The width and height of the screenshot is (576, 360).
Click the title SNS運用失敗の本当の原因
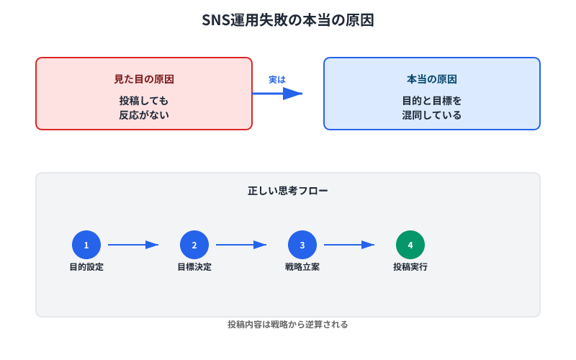(x=288, y=21)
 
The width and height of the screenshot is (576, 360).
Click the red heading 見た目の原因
(x=144, y=79)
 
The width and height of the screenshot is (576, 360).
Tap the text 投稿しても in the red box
(x=144, y=101)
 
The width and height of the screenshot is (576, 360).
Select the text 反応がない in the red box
(x=144, y=114)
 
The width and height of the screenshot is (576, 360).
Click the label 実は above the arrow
(x=277, y=79)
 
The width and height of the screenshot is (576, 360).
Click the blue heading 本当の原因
(x=432, y=79)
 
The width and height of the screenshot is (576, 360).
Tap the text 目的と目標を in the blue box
(x=432, y=101)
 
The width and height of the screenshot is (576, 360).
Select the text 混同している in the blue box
(x=432, y=114)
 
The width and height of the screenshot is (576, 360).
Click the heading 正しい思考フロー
(x=288, y=192)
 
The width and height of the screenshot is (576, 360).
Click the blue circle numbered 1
(x=86, y=245)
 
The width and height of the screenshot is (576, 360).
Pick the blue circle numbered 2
(x=194, y=245)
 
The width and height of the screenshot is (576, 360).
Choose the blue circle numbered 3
(x=302, y=245)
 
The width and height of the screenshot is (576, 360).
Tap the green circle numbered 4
(x=410, y=245)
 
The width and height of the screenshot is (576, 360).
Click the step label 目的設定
(x=86, y=267)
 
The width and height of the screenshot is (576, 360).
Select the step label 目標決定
(x=194, y=267)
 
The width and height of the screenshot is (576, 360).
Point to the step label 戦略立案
(x=302, y=267)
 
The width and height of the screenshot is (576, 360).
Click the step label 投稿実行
(x=410, y=267)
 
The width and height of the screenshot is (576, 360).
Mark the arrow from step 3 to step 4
(x=349, y=245)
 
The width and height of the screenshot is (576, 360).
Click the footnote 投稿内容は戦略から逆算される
(x=288, y=325)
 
